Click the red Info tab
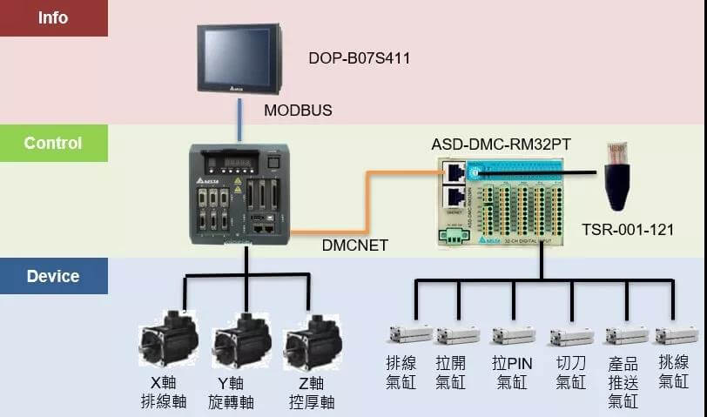(53, 17)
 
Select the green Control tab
(53, 143)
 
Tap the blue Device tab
(53, 276)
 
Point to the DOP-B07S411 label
(359, 59)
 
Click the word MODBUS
(298, 111)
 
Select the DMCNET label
(354, 245)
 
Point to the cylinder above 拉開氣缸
(457, 335)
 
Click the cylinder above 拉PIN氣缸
(513, 335)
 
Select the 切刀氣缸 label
(571, 371)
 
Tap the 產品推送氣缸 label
(623, 381)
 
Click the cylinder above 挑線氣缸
(676, 335)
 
